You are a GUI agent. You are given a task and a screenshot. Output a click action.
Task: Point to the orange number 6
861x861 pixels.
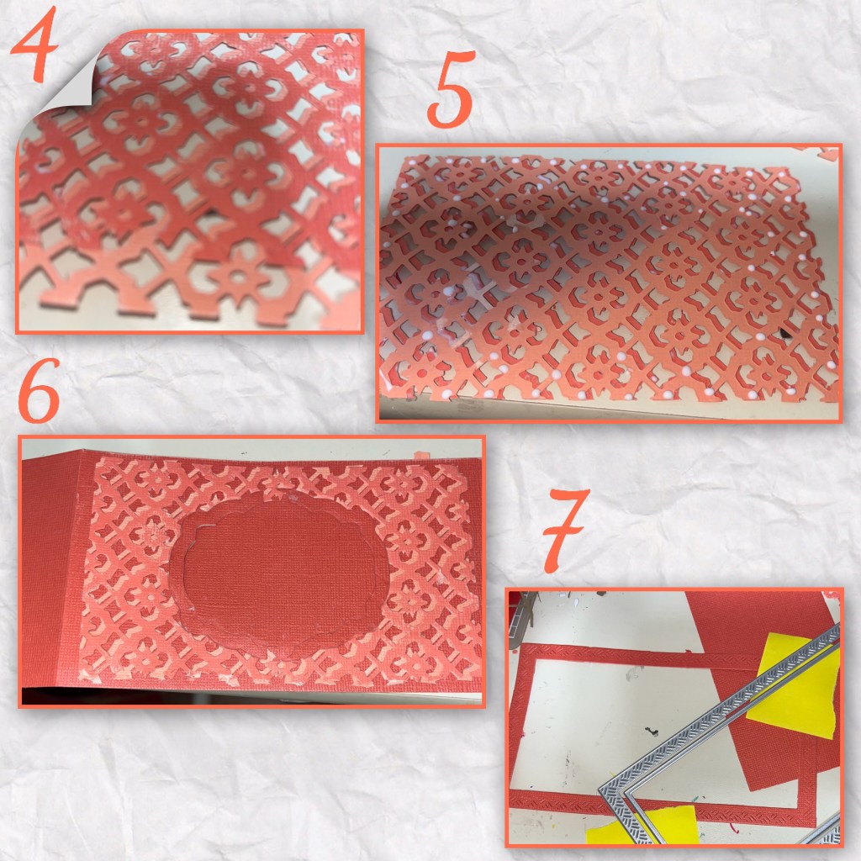(39, 391)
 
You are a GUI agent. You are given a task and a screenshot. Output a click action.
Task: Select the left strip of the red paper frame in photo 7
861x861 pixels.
(515, 725)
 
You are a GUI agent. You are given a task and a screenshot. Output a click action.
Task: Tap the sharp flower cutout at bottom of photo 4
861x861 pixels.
(237, 276)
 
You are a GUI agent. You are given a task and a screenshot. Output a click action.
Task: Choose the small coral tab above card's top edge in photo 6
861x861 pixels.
(421, 455)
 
